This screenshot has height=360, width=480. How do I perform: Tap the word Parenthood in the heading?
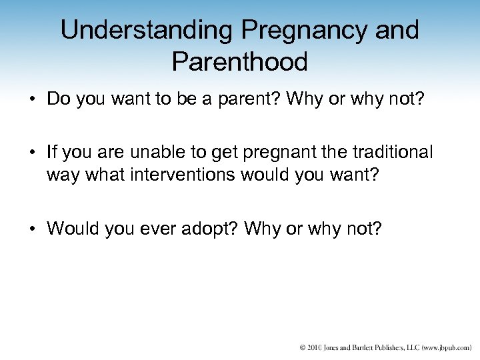pos(239,62)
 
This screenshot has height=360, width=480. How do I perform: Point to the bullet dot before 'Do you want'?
pos(32,99)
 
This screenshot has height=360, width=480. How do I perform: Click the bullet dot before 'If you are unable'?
pos(32,153)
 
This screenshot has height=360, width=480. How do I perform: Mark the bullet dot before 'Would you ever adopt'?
pos(32,229)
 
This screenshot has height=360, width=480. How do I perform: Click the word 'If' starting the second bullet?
pos(53,153)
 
